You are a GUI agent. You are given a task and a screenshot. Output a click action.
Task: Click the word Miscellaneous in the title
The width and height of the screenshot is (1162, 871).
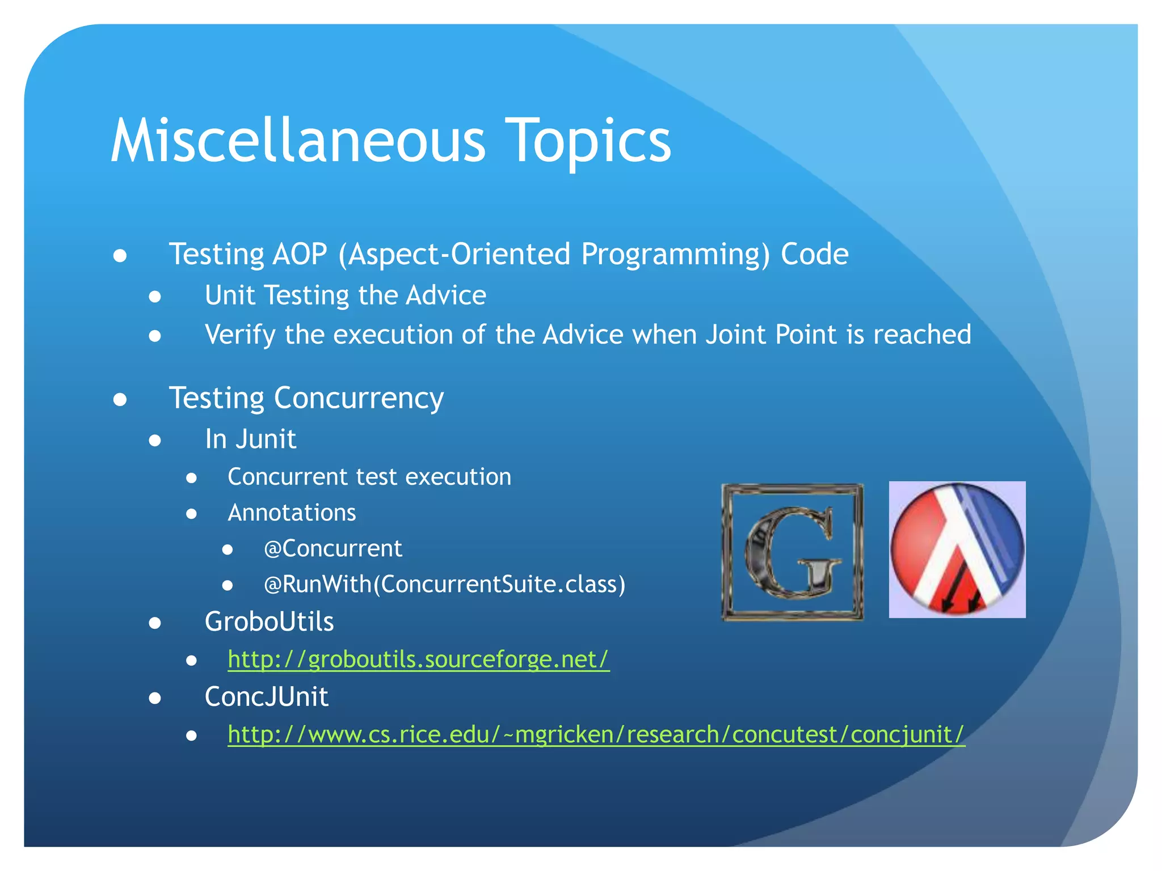297,141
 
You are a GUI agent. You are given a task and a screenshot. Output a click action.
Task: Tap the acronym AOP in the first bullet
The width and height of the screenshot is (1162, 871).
300,254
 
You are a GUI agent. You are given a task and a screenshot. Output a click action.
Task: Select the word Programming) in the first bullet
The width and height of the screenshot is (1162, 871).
675,254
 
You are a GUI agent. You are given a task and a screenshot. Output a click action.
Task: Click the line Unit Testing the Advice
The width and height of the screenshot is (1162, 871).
345,295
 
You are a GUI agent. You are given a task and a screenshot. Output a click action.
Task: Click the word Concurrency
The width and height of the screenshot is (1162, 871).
359,398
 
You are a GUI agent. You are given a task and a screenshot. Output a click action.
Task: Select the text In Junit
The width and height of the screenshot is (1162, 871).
250,439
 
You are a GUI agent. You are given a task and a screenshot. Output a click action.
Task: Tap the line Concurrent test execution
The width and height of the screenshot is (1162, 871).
369,477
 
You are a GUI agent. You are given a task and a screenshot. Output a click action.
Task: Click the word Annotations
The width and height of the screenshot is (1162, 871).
292,513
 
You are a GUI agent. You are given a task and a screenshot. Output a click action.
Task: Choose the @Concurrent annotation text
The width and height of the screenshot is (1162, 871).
332,548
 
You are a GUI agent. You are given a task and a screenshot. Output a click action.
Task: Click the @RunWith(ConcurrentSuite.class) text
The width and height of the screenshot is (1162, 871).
444,584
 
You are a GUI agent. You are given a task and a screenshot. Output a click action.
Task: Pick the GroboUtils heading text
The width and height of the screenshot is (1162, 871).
269,621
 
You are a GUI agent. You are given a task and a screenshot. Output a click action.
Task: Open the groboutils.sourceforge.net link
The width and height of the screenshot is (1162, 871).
418,659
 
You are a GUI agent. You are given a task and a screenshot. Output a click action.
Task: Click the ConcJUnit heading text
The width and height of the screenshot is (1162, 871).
266,696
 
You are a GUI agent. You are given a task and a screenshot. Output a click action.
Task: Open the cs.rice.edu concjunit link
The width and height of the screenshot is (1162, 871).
596,734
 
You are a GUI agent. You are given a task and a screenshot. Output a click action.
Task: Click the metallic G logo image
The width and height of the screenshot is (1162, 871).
792,552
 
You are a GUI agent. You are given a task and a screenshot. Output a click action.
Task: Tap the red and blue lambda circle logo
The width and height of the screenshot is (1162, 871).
957,549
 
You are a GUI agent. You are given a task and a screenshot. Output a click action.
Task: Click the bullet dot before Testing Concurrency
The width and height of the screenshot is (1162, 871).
120,399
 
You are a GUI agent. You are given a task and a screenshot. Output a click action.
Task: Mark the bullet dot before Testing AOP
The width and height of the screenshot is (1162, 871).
120,255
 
